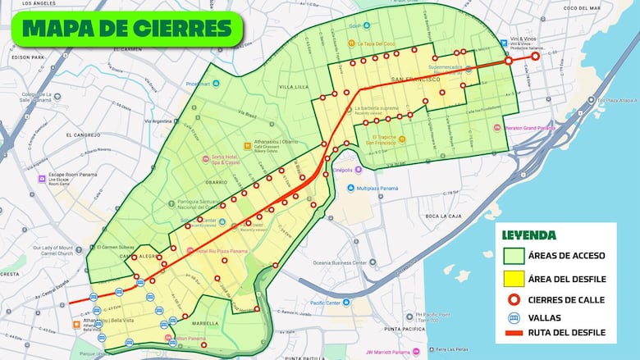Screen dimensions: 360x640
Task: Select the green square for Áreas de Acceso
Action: point(514,256)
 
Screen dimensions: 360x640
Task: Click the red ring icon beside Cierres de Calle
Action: point(514,299)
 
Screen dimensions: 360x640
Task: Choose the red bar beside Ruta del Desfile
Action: point(514,332)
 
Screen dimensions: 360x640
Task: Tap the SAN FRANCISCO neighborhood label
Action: point(416,80)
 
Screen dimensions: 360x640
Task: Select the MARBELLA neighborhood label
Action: point(205,323)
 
